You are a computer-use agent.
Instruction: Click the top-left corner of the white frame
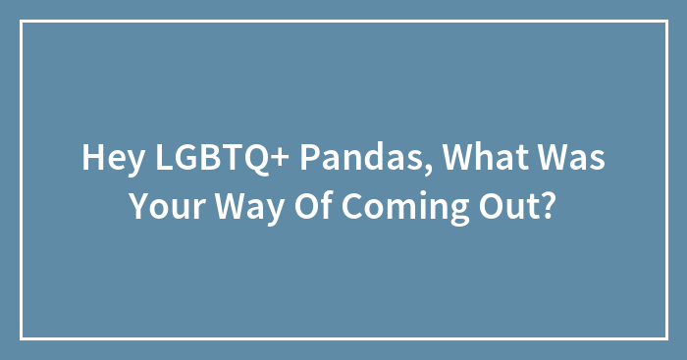click(x=22, y=22)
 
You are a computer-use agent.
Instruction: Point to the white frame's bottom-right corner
click(x=665, y=338)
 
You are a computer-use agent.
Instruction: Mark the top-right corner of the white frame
click(x=665, y=22)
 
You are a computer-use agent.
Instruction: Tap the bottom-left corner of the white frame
click(x=22, y=338)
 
